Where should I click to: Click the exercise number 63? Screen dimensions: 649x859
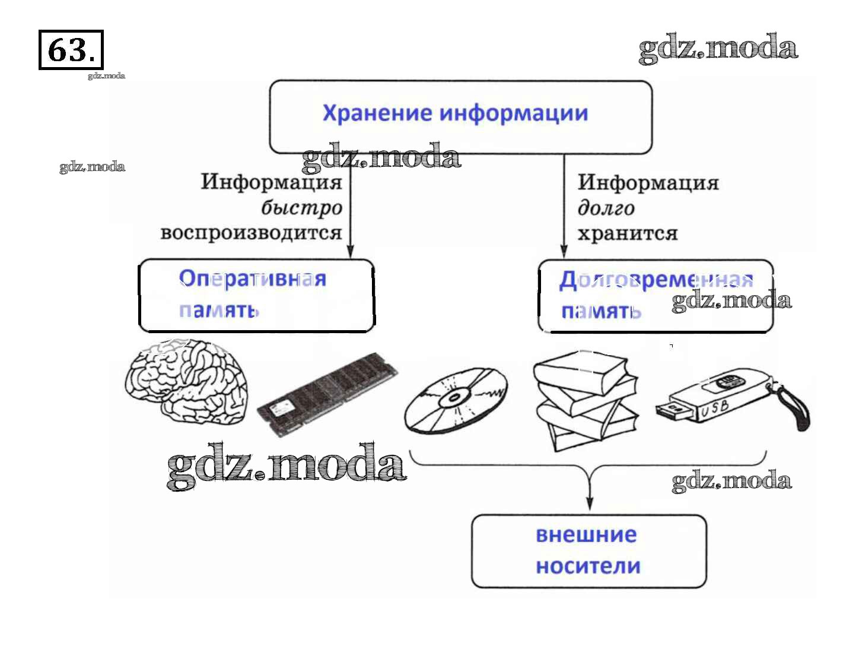click(70, 50)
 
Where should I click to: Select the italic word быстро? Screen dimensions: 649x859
click(301, 208)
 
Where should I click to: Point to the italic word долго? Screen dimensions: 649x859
click(606, 208)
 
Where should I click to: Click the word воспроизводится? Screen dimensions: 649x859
click(251, 233)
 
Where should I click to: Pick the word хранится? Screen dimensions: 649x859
click(627, 233)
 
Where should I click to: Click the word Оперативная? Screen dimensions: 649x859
click(252, 278)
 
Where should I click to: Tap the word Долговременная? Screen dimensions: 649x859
click(656, 280)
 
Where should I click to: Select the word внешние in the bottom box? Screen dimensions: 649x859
click(586, 535)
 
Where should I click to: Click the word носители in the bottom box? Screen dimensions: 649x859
click(588, 566)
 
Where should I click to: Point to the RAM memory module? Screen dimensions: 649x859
click(327, 393)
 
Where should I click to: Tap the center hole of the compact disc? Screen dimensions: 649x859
click(455, 398)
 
